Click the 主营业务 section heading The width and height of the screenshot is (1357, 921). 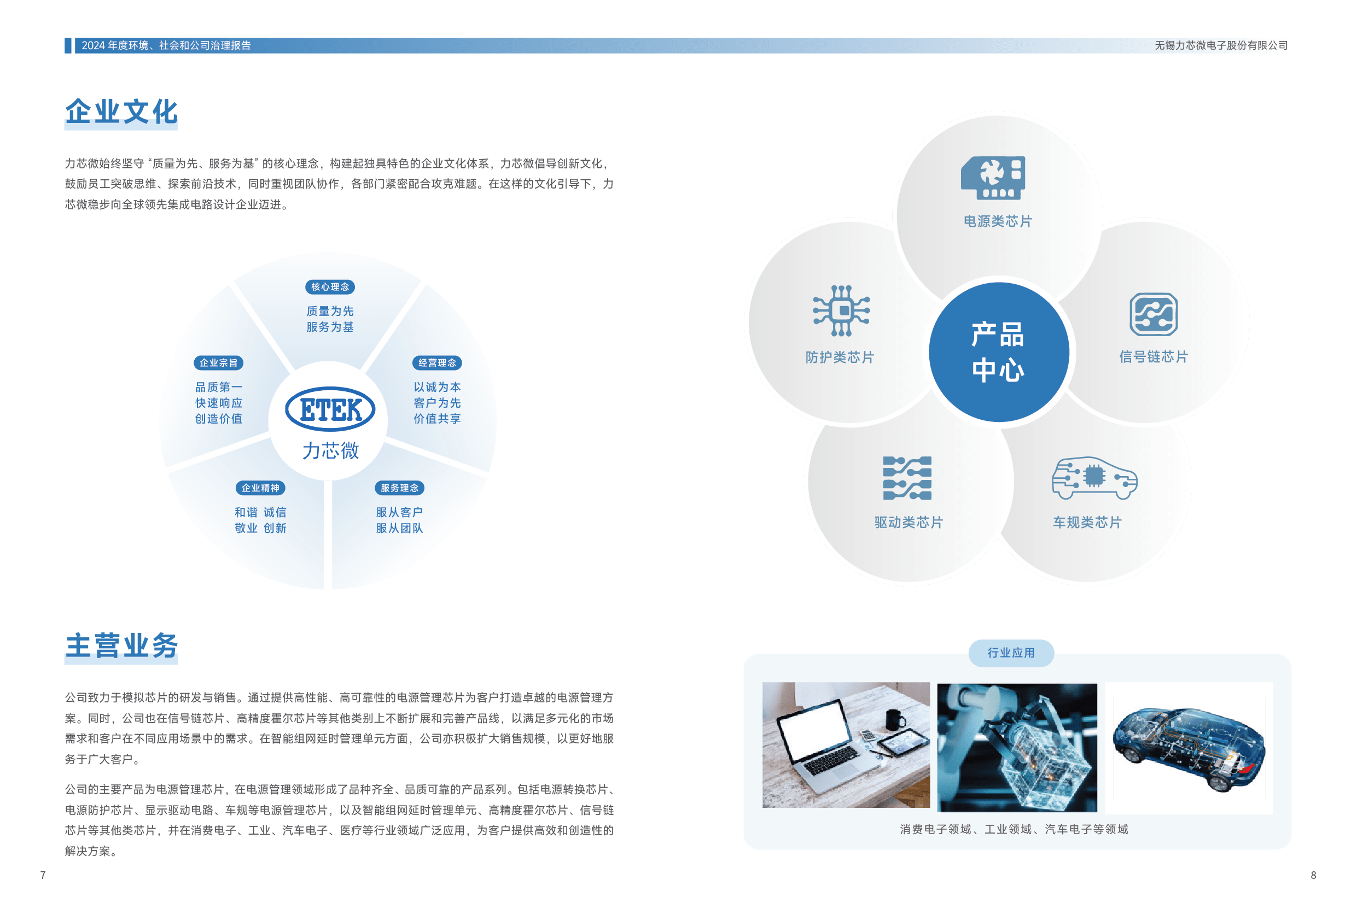click(x=121, y=646)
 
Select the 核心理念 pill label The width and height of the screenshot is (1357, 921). click(x=330, y=286)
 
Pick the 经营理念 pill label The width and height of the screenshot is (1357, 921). click(x=437, y=362)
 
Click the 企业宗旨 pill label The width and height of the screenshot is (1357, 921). click(x=218, y=362)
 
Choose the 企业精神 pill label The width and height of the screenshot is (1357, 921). click(x=260, y=488)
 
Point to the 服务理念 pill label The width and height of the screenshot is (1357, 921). click(x=399, y=488)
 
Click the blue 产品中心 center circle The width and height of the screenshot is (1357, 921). click(x=999, y=352)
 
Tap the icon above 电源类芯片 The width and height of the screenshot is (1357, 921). click(x=993, y=178)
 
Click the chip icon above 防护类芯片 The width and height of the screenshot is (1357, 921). click(x=841, y=310)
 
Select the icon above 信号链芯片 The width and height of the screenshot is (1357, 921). click(x=1153, y=314)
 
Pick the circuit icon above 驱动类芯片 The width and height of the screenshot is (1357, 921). click(x=907, y=478)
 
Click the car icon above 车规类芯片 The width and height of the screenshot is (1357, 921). click(x=1094, y=478)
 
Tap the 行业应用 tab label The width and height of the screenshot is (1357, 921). click(x=1011, y=653)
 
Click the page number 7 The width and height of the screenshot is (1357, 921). click(x=43, y=875)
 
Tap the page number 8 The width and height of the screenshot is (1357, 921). click(x=1313, y=875)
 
